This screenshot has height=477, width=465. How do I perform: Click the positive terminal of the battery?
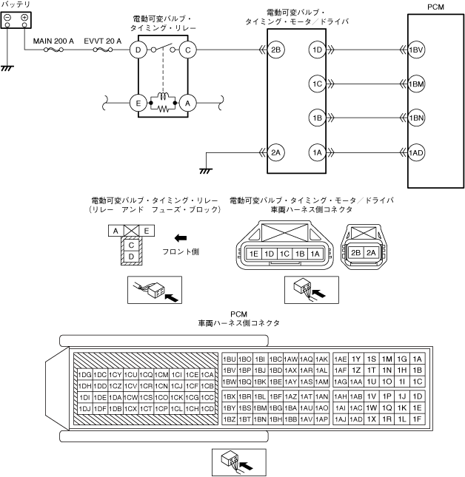click(x=24, y=18)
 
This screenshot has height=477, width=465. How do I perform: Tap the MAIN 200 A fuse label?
click(x=53, y=41)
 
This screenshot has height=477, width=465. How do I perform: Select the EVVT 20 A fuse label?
click(x=102, y=41)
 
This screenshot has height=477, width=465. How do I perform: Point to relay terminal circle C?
click(x=188, y=50)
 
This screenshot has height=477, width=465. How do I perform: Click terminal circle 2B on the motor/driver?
click(x=276, y=50)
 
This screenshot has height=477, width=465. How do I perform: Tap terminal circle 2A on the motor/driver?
click(x=276, y=152)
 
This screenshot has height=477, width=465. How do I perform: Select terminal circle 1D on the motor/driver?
click(x=317, y=50)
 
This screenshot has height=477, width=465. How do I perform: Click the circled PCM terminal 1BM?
click(x=416, y=84)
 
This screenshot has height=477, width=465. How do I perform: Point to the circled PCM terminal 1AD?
click(x=416, y=152)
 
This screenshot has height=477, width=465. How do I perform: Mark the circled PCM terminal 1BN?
click(x=416, y=118)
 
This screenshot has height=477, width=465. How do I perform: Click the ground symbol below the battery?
click(x=8, y=67)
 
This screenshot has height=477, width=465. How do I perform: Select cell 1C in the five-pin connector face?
click(x=284, y=254)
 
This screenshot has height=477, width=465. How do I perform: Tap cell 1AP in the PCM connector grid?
click(x=321, y=419)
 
